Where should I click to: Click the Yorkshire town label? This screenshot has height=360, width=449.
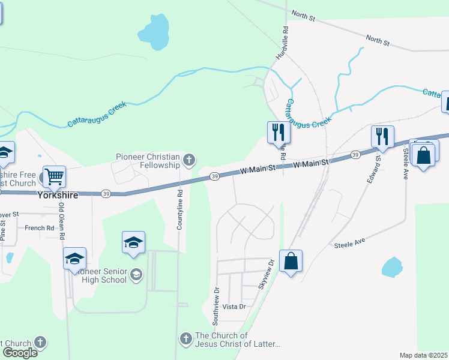pyautogui.click(x=58, y=195)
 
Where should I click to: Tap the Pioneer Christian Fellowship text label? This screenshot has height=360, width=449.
pyautogui.click(x=148, y=161)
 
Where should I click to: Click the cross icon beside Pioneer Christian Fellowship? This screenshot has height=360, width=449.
pyautogui.click(x=189, y=160)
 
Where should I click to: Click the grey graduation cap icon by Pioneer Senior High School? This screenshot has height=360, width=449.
pyautogui.click(x=136, y=275)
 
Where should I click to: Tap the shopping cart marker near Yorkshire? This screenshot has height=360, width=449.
pyautogui.click(x=54, y=176)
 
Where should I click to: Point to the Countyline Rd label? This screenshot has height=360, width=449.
pyautogui.click(x=179, y=211)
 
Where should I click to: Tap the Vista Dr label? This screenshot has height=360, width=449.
pyautogui.click(x=234, y=307)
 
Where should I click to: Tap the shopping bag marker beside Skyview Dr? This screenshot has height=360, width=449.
pyautogui.click(x=291, y=261)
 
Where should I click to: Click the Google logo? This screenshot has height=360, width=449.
pyautogui.click(x=20, y=352)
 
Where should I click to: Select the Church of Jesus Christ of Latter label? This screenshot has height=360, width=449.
pyautogui.click(x=237, y=340)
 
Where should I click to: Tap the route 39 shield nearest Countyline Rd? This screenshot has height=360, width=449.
pyautogui.click(x=214, y=176)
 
